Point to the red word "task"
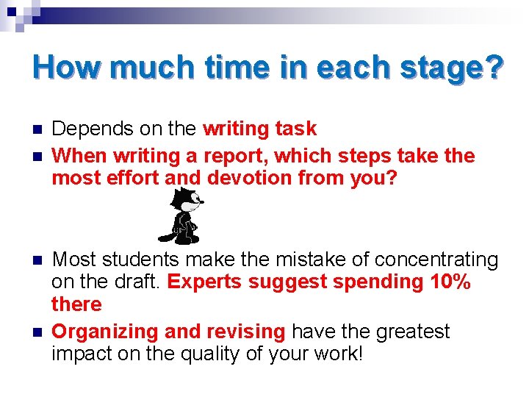(295, 129)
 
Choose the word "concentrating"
(436, 260)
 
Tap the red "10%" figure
(449, 282)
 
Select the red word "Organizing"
(106, 332)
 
